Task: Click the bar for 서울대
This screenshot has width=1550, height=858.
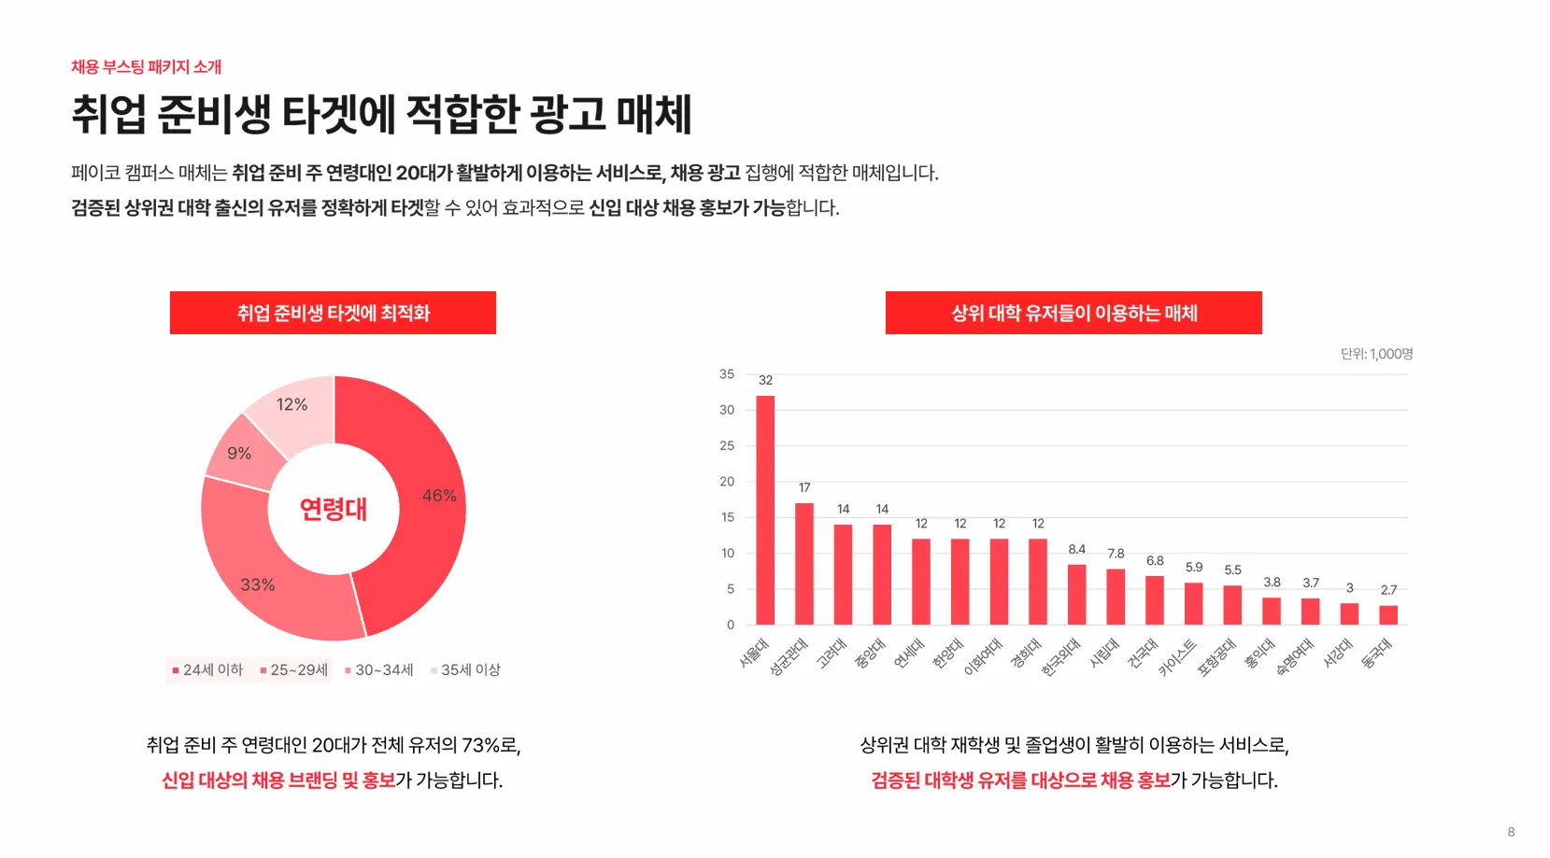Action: [x=765, y=510]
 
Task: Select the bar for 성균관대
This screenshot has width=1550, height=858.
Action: [x=804, y=564]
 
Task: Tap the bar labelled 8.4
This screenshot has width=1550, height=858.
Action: [x=1077, y=595]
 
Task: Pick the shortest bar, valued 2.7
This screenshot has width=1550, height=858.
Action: [x=1388, y=615]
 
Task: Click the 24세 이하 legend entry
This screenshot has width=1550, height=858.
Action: [x=207, y=670]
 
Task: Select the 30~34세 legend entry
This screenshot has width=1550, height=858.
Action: [x=379, y=670]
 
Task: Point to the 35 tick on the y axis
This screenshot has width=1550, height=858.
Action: [x=727, y=374]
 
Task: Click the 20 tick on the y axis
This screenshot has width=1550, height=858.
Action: [x=727, y=482]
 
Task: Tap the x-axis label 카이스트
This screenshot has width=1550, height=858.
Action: [x=1177, y=657]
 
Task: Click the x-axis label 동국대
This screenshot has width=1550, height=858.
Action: [x=1377, y=654]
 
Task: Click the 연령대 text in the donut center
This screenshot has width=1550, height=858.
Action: [x=334, y=509]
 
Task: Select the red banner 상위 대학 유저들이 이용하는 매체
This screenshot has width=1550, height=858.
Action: [x=1074, y=313]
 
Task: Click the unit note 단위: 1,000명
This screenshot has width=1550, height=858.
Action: [x=1376, y=354]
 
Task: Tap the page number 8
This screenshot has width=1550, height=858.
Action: [x=1511, y=832]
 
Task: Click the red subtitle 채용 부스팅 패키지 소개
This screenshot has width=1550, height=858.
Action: [x=147, y=67]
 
